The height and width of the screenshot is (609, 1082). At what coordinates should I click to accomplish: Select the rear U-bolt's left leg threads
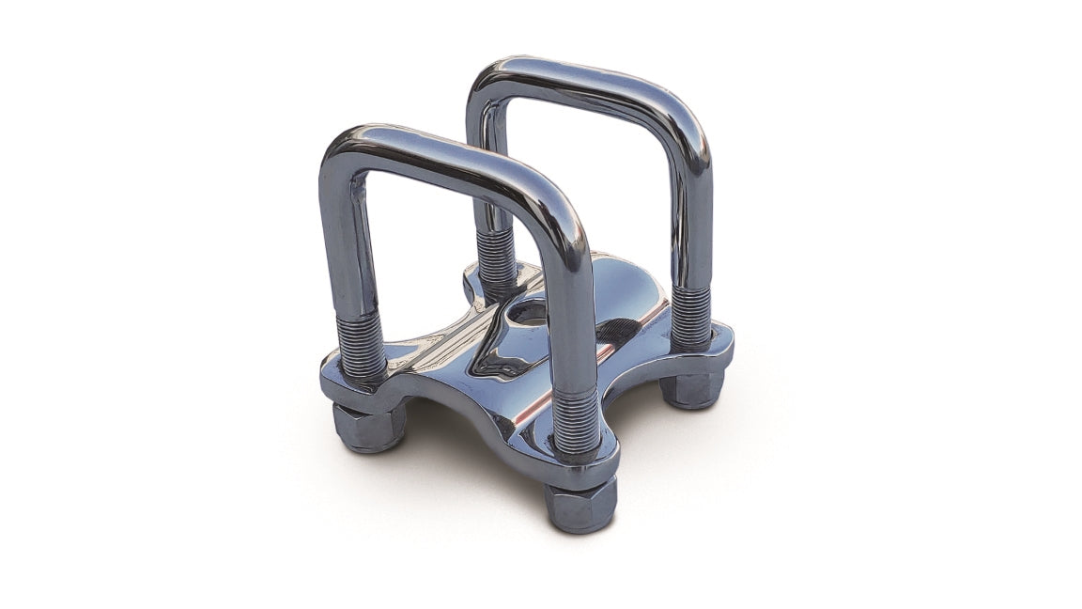point(496,259)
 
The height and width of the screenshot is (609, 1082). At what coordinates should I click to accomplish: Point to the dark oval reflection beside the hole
point(615,329)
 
